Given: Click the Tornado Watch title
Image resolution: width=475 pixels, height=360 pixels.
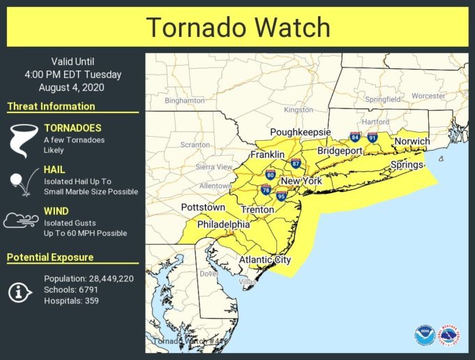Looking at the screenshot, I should [x=237, y=27].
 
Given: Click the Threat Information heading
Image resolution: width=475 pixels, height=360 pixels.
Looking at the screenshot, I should [x=51, y=107].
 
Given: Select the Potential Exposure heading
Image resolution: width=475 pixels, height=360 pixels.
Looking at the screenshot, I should [x=50, y=257].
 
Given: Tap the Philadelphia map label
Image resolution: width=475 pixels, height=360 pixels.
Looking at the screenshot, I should [x=223, y=225].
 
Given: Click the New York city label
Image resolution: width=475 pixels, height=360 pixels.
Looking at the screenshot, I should [x=301, y=181].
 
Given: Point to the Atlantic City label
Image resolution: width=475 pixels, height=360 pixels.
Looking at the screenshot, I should [x=264, y=260].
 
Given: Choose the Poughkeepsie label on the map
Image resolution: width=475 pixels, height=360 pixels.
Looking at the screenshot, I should [x=299, y=132].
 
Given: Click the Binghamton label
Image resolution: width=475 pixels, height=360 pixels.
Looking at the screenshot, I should [x=184, y=100].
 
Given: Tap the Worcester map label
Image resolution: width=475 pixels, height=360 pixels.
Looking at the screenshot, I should [x=428, y=96].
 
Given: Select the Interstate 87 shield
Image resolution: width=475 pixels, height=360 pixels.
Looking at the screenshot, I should [x=296, y=164].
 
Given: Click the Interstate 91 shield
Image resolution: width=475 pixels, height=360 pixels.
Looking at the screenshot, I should [x=372, y=137].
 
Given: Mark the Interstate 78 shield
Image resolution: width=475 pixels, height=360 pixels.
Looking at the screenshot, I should [x=266, y=189].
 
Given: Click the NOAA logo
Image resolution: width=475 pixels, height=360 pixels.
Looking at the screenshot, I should [x=424, y=335].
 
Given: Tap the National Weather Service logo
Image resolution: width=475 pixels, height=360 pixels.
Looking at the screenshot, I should [x=448, y=335].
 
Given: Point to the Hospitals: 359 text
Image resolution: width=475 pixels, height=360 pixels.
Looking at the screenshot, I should [x=71, y=301].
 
